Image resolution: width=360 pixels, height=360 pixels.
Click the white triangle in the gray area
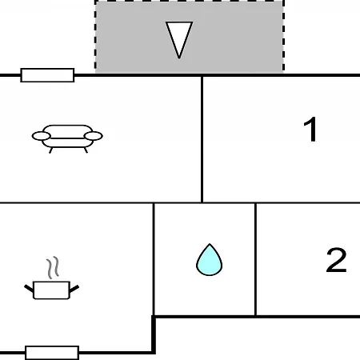point(179,38)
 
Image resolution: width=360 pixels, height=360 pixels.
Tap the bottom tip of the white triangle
point(179,58)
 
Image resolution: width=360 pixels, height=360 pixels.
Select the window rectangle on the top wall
point(47,75)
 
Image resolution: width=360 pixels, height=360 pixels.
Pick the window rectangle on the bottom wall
point(52,353)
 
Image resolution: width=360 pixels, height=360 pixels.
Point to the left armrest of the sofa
point(42,136)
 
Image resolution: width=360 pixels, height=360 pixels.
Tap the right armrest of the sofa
point(94,136)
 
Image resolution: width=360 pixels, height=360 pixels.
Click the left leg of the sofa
point(50,150)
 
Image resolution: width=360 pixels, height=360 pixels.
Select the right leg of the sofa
point(86,150)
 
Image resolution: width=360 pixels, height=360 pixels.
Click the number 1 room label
point(310,130)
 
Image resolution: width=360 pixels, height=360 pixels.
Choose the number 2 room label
point(336,260)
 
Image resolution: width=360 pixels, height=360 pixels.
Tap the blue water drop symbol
point(210,260)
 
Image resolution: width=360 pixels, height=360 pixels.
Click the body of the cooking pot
point(51,290)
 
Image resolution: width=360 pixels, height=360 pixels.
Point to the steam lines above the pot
point(53,267)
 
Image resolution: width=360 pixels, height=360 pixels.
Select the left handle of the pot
point(29,289)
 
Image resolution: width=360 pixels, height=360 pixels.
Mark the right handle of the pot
point(74,289)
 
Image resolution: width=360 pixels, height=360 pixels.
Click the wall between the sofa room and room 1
point(202,139)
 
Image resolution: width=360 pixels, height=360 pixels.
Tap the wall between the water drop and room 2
point(255,259)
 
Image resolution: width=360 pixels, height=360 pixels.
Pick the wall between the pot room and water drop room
point(154,259)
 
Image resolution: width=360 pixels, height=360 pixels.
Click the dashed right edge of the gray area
point(283,36)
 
